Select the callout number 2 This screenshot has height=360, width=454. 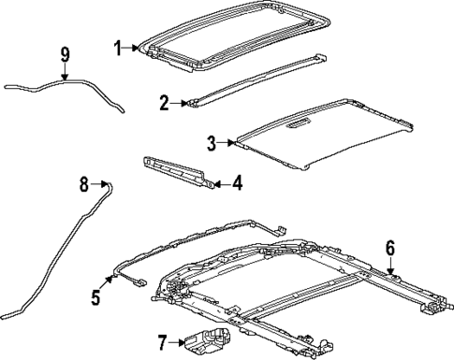(x=164, y=103)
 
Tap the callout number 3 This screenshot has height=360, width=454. (x=211, y=142)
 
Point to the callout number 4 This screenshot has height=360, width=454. (x=237, y=183)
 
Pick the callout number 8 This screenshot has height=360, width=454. (x=84, y=185)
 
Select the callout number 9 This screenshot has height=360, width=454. (x=65, y=55)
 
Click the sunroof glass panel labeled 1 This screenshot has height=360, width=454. (x=234, y=37)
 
